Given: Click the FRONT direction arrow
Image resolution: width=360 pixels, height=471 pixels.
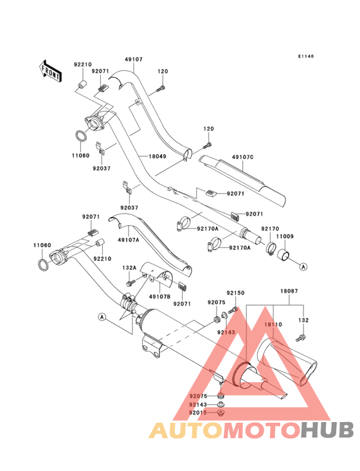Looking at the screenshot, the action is point(50,71).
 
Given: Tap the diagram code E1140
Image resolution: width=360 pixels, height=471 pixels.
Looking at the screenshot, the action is point(306,56).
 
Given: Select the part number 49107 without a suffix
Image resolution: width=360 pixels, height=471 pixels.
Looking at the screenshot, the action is point(134,59).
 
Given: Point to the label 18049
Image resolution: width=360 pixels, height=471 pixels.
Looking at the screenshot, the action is point(157,156).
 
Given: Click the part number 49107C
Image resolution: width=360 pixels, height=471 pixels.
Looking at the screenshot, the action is point(243,157).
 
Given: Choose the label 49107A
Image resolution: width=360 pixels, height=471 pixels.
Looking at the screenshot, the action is point(129,240).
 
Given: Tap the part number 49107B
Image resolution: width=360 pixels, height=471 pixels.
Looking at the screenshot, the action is point(159,297).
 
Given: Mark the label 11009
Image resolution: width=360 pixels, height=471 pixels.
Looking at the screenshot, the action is point(285,236).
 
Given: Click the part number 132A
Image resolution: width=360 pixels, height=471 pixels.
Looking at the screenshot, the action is point(129,267).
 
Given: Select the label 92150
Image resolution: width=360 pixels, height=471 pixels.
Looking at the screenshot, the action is point(235,293).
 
